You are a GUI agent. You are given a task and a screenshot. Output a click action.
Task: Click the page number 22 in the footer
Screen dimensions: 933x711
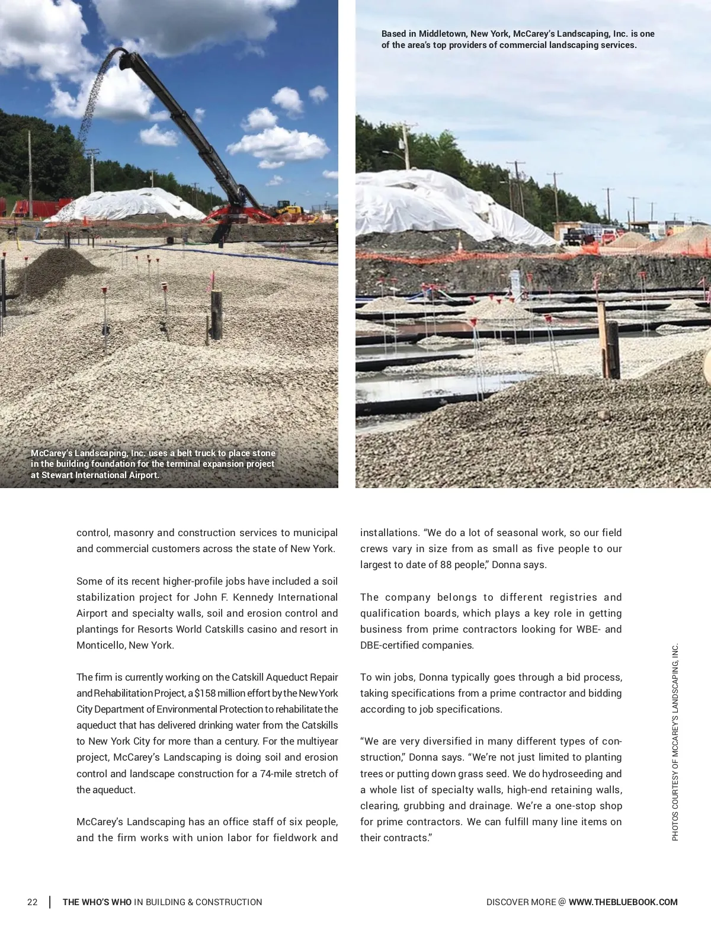coord(32,902)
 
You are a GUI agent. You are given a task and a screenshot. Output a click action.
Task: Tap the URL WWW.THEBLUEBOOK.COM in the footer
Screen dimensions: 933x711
coord(623,902)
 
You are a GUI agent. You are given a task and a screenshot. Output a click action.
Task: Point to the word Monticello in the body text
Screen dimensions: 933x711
coord(101,645)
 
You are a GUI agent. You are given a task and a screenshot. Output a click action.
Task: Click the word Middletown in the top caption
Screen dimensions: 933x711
coord(442,34)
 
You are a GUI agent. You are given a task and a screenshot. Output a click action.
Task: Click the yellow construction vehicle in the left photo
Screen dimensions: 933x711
coord(289,209)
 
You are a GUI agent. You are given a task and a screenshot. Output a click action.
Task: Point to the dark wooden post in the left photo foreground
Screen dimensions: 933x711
coord(216,314)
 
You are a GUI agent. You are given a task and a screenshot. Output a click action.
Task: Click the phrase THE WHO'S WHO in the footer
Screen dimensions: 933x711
coord(97,902)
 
